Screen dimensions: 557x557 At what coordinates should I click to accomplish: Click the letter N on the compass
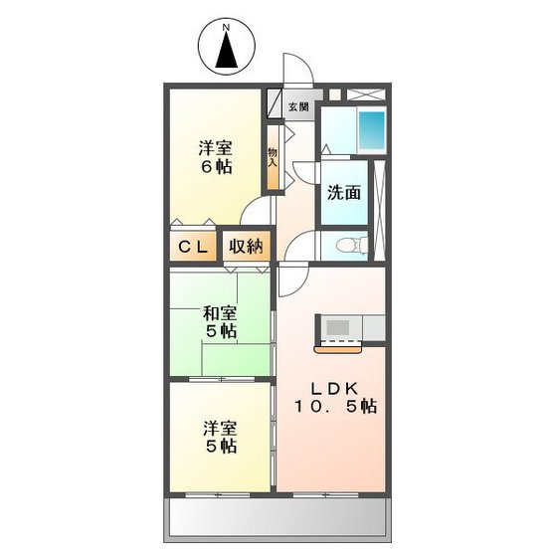(x=226, y=27)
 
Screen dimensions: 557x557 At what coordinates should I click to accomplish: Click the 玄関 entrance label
(x=297, y=106)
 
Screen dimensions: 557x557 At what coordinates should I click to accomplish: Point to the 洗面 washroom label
(x=344, y=193)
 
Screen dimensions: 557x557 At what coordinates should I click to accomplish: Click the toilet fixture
(x=344, y=246)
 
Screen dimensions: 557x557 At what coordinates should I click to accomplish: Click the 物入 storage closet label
(x=272, y=159)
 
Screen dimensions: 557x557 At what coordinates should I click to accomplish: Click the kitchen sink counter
(x=350, y=328)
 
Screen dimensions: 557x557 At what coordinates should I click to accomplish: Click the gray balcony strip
(x=277, y=517)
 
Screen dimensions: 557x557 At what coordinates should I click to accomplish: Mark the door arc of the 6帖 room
(x=257, y=210)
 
